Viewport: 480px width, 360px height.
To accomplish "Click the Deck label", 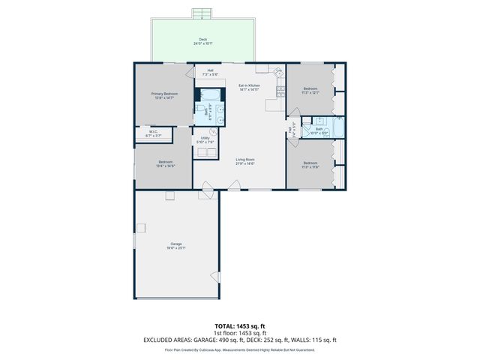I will point(202,41).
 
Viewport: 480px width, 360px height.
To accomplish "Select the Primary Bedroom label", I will point(163,95).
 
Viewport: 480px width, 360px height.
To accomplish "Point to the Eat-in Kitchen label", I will point(249,87).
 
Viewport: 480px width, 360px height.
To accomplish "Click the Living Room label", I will point(245,161).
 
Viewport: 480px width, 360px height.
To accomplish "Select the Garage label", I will point(176,245).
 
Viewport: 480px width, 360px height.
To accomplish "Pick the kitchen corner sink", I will point(278,73).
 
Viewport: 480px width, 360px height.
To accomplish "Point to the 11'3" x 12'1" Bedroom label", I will point(310,91).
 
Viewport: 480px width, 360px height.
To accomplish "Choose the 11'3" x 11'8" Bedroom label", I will point(310,165).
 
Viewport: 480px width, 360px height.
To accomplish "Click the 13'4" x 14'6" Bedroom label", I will point(166,164).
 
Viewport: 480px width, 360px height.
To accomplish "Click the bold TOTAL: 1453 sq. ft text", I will point(240,326).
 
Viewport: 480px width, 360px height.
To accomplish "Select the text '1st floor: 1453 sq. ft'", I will point(240,333).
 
